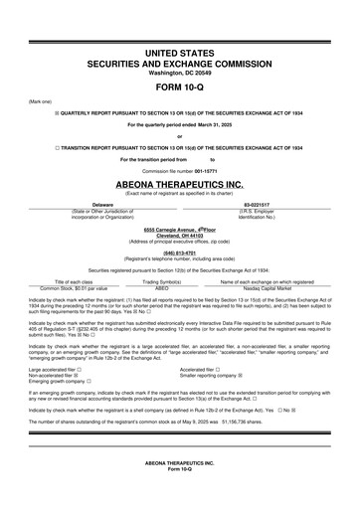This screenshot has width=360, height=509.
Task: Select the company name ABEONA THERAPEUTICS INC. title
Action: coord(179,184)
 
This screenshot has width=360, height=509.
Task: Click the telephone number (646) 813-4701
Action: coord(179,253)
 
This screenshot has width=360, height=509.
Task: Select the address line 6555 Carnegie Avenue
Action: coord(179,229)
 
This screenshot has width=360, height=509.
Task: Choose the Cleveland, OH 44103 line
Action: coord(179,235)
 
